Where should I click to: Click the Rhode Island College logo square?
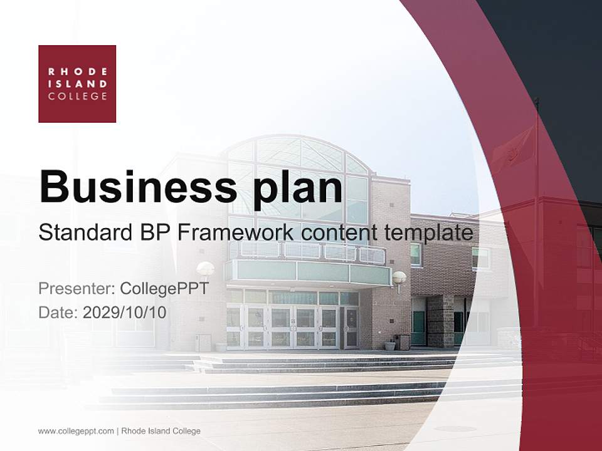tap(77, 83)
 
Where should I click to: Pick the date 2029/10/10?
tap(124, 312)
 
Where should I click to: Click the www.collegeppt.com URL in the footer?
tap(76, 431)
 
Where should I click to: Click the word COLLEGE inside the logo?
tap(77, 96)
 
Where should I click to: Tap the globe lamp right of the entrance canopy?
tap(399, 277)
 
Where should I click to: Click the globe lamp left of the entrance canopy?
tap(205, 269)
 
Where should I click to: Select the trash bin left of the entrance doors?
tap(203, 342)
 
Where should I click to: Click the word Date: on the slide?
tap(58, 312)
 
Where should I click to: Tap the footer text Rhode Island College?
tap(161, 431)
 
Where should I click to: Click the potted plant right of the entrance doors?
tap(390, 345)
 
